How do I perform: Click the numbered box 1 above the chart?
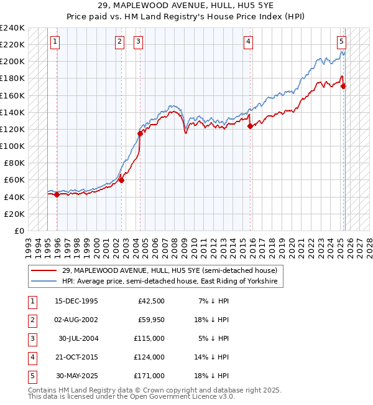pyautogui.click(x=55, y=42)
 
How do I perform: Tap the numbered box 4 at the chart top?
pyautogui.click(x=248, y=42)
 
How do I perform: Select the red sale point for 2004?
pyautogui.click(x=140, y=133)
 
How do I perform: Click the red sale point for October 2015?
pyautogui.click(x=250, y=126)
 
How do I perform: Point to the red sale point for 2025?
pyautogui.click(x=344, y=86)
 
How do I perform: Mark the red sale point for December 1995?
pyautogui.click(x=57, y=194)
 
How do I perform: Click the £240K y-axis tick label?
pyautogui.click(x=12, y=28)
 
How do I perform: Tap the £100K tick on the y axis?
pyautogui.click(x=12, y=146)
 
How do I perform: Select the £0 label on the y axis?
pyautogui.click(x=17, y=231)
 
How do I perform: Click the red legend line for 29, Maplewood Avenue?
pyautogui.click(x=44, y=270)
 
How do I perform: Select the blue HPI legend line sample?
pyautogui.click(x=44, y=282)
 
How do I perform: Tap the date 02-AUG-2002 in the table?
pyautogui.click(x=76, y=321)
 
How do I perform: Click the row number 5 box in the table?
pyautogui.click(x=31, y=376)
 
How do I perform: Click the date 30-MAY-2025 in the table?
pyautogui.click(x=76, y=376)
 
